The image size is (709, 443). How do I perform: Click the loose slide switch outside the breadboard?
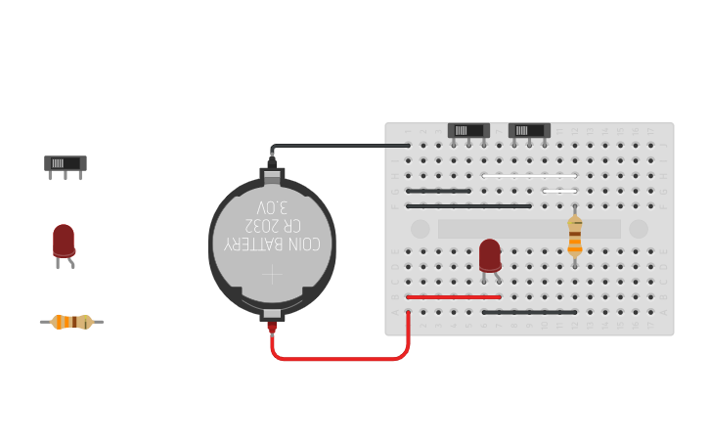(66, 163)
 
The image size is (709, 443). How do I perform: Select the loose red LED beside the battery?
(64, 241)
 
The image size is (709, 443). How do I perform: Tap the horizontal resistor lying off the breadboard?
(71, 322)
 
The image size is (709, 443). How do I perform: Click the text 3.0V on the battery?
(272, 208)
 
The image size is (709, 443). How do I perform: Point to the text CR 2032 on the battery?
(272, 225)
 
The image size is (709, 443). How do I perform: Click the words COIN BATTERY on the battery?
(272, 244)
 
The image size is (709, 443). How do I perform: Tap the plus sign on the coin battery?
(272, 275)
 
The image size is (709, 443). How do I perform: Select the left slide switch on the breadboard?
(468, 130)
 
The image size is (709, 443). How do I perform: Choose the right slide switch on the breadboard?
(529, 130)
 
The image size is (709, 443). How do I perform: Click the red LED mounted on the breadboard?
(490, 254)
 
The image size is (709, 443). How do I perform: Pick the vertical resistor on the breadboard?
(575, 236)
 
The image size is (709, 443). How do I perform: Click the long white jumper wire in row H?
(529, 176)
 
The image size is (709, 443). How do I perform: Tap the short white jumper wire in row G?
(559, 191)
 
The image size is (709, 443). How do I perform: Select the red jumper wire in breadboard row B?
(454, 296)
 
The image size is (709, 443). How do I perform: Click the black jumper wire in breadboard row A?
(529, 312)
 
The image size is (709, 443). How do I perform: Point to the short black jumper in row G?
(438, 191)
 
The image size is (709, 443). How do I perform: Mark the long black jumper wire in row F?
(468, 206)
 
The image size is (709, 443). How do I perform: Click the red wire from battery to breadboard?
(342, 358)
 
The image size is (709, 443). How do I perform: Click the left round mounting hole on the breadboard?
(421, 229)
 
